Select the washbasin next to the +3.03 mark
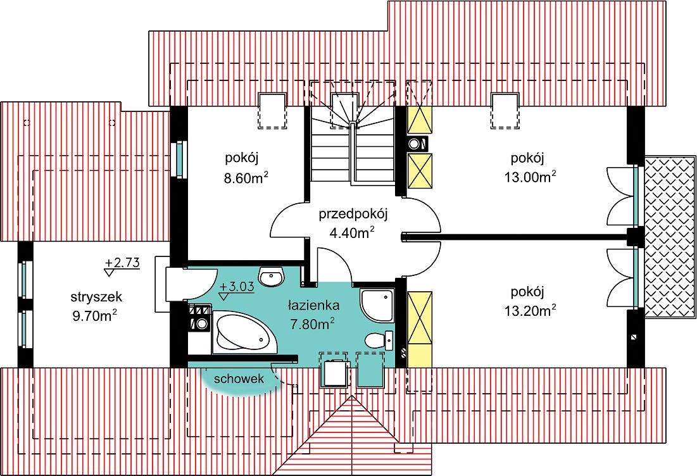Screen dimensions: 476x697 pyautogui.click(x=273, y=277)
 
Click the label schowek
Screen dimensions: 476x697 pyautogui.click(x=238, y=379)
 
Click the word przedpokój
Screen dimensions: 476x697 pyautogui.click(x=353, y=213)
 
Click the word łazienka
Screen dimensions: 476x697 pyautogui.click(x=313, y=305)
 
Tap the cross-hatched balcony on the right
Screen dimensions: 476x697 pyautogui.click(x=669, y=237)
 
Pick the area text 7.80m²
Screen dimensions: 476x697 pyautogui.click(x=313, y=325)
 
